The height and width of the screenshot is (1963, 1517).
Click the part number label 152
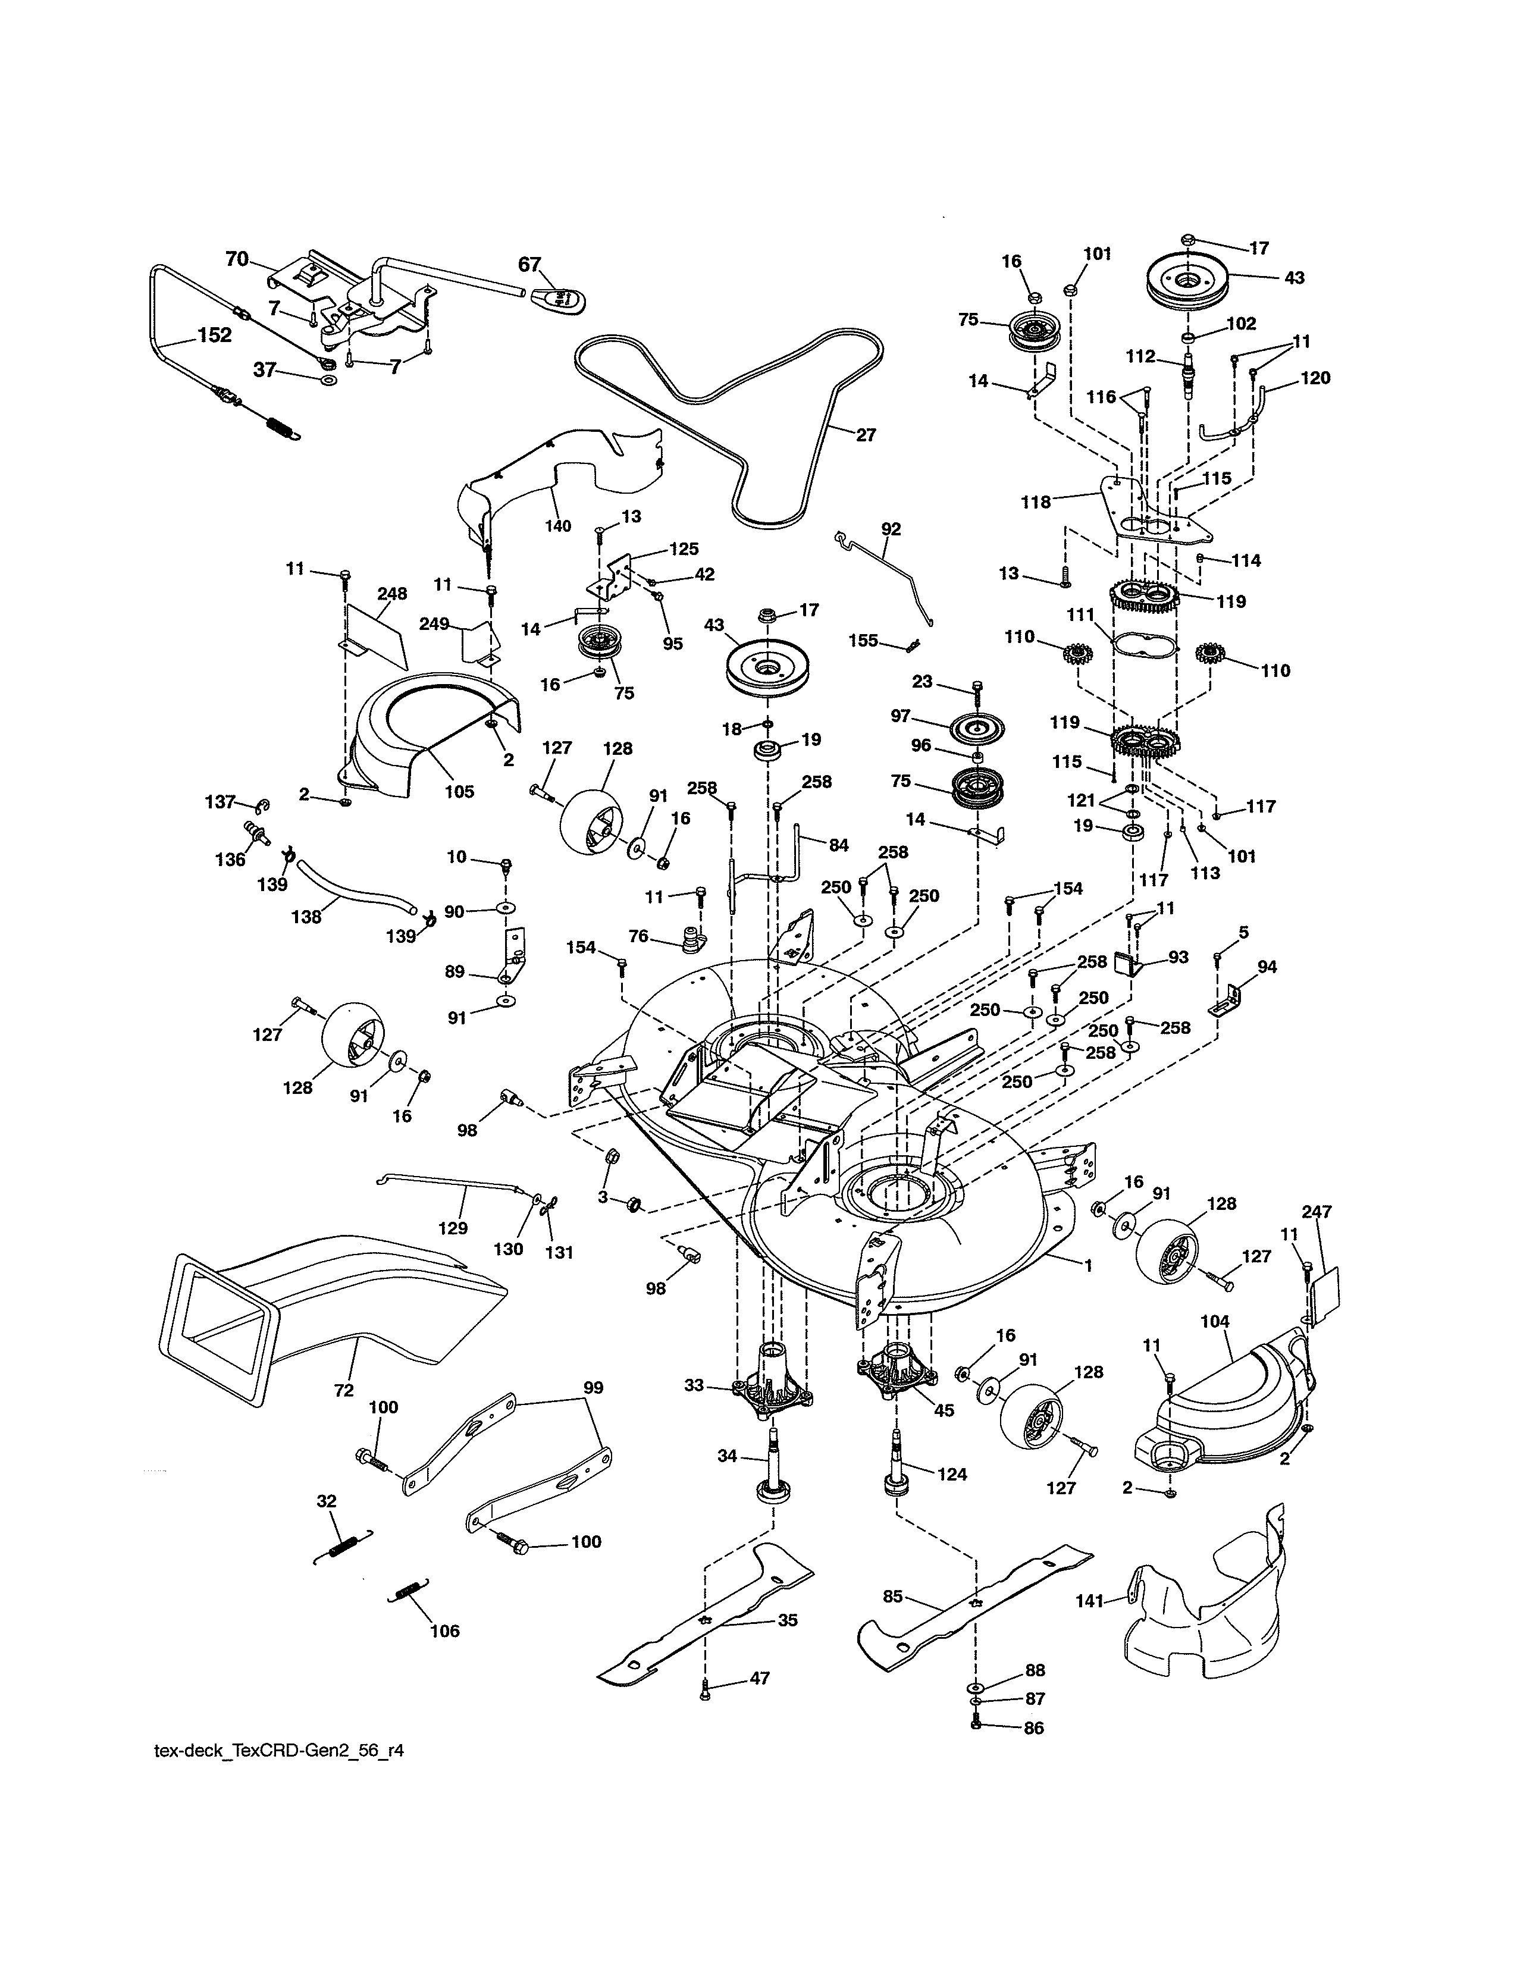pyautogui.click(x=214, y=335)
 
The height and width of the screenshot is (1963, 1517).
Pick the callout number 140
pyautogui.click(x=558, y=526)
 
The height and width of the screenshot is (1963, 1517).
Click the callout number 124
pyautogui.click(x=952, y=1473)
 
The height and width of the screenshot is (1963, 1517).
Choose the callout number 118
pyautogui.click(x=1035, y=503)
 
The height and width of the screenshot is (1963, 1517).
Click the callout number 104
pyautogui.click(x=1215, y=1321)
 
